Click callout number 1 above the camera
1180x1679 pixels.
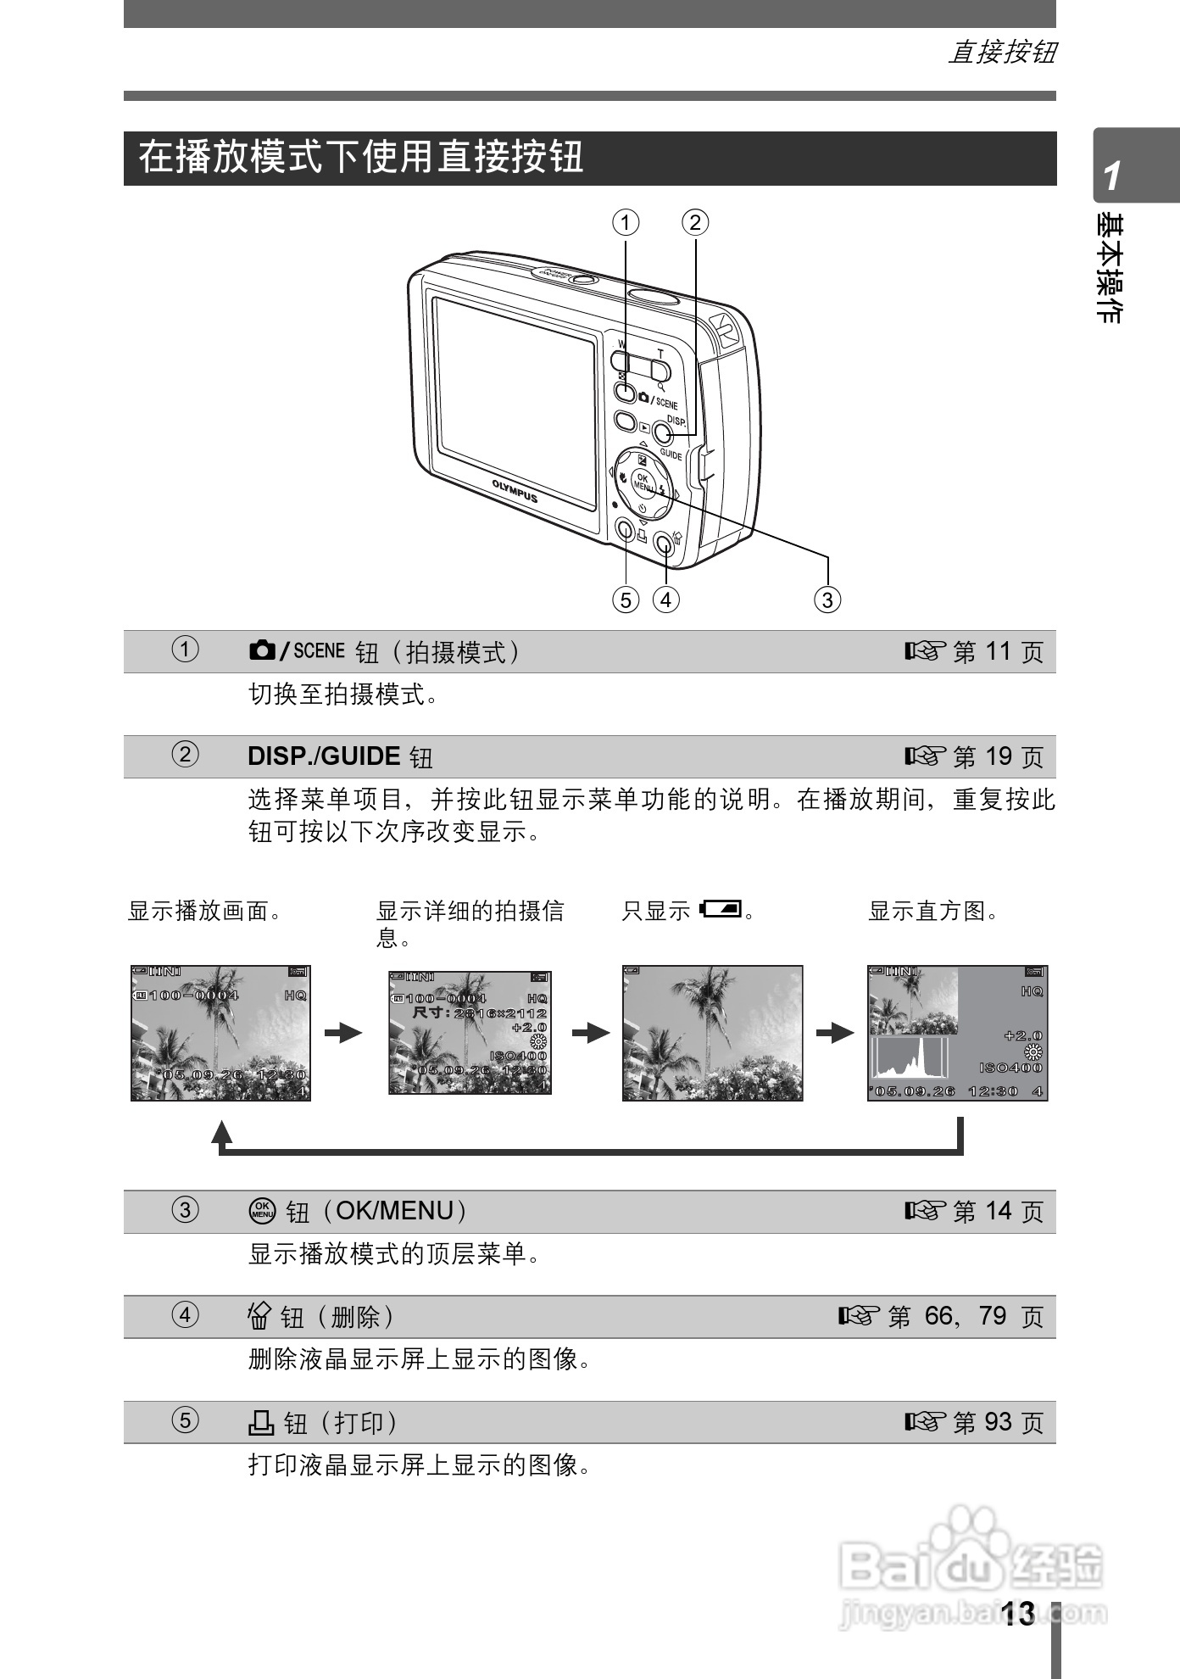[x=626, y=223]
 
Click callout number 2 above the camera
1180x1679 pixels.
[x=695, y=223]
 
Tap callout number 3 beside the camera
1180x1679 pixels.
[x=827, y=600]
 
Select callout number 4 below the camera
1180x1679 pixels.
[x=666, y=600]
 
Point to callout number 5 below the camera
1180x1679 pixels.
[x=626, y=600]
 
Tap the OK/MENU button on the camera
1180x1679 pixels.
[x=643, y=483]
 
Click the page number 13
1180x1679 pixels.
[x=1017, y=1614]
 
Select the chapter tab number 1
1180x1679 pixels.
[x=1112, y=176]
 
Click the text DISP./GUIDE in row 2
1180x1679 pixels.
[x=324, y=756]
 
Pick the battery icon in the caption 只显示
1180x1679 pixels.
[x=721, y=910]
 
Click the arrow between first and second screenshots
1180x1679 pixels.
[x=343, y=1033]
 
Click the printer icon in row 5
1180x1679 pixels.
[x=261, y=1422]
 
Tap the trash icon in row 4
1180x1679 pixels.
[x=259, y=1316]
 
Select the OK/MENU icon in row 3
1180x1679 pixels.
[x=262, y=1211]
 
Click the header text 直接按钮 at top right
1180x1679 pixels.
[x=1002, y=53]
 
